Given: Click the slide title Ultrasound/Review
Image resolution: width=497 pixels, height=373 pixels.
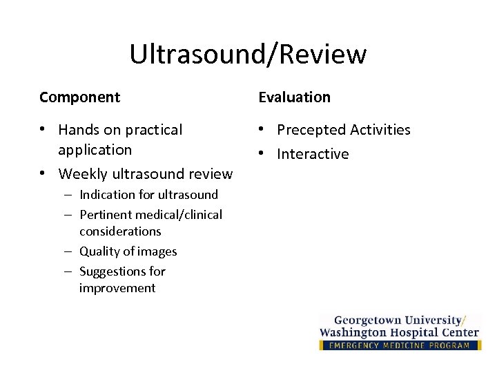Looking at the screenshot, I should (x=248, y=55).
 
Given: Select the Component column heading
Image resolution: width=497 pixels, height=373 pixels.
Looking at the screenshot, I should (x=79, y=97).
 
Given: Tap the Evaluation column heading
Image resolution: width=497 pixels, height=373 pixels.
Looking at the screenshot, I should (x=295, y=97).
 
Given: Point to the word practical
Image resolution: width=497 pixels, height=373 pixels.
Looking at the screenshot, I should (x=153, y=130).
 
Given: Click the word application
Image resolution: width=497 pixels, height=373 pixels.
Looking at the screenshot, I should (x=95, y=150).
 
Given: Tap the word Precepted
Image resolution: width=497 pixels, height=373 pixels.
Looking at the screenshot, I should (x=311, y=130).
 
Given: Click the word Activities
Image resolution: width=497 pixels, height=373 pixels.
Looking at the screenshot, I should (x=380, y=130).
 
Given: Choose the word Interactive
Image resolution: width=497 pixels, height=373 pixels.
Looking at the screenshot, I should (x=313, y=154).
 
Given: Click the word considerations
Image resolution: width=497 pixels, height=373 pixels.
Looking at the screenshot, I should (x=120, y=231).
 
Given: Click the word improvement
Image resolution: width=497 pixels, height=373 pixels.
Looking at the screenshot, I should (x=117, y=288).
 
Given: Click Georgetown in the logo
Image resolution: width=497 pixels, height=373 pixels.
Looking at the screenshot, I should (x=367, y=320).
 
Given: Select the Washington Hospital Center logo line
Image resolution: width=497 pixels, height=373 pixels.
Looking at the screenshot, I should (x=399, y=332).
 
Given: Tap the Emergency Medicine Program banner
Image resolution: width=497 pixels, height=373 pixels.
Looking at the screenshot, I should (x=400, y=345).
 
